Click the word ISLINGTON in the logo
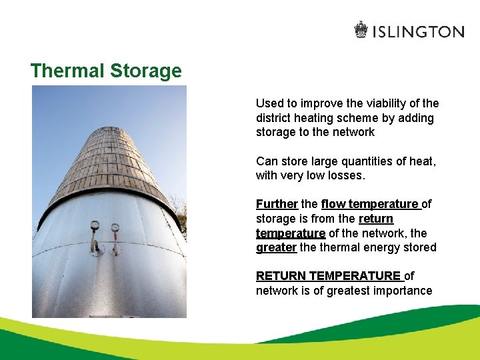(418, 31)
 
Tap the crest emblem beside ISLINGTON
(361, 30)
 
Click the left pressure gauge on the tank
(95, 225)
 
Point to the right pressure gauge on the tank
(115, 228)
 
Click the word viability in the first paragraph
(390, 103)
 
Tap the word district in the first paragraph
(274, 118)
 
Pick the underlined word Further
(276, 204)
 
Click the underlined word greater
(276, 248)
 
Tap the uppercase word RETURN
(281, 276)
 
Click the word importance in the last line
(403, 291)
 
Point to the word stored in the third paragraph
(420, 248)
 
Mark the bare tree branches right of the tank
(179, 207)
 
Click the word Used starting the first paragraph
(269, 103)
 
